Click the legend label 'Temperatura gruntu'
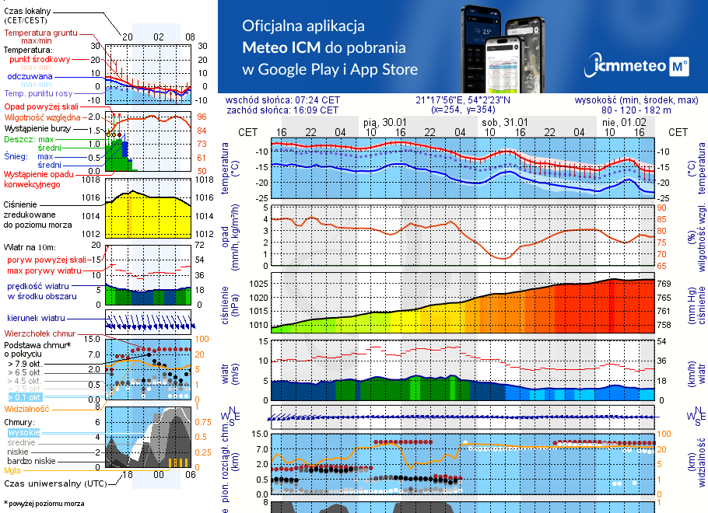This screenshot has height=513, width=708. (41, 33)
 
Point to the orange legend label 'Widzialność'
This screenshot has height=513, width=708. (27, 408)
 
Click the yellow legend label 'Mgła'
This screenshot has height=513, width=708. (12, 470)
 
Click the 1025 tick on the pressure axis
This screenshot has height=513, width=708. (258, 284)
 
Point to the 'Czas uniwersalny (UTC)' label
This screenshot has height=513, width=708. (51, 483)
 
